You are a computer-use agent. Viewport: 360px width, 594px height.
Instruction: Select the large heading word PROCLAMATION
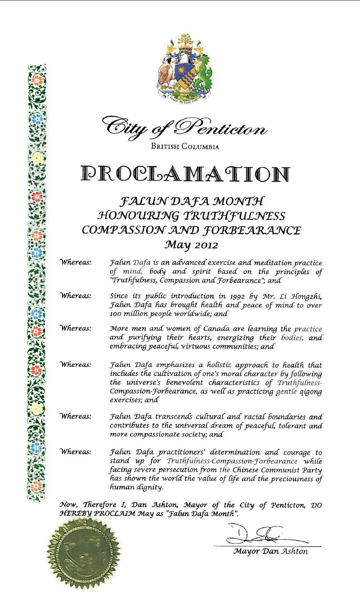click(185, 174)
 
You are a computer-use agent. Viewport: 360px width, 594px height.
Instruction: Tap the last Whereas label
click(76, 452)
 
